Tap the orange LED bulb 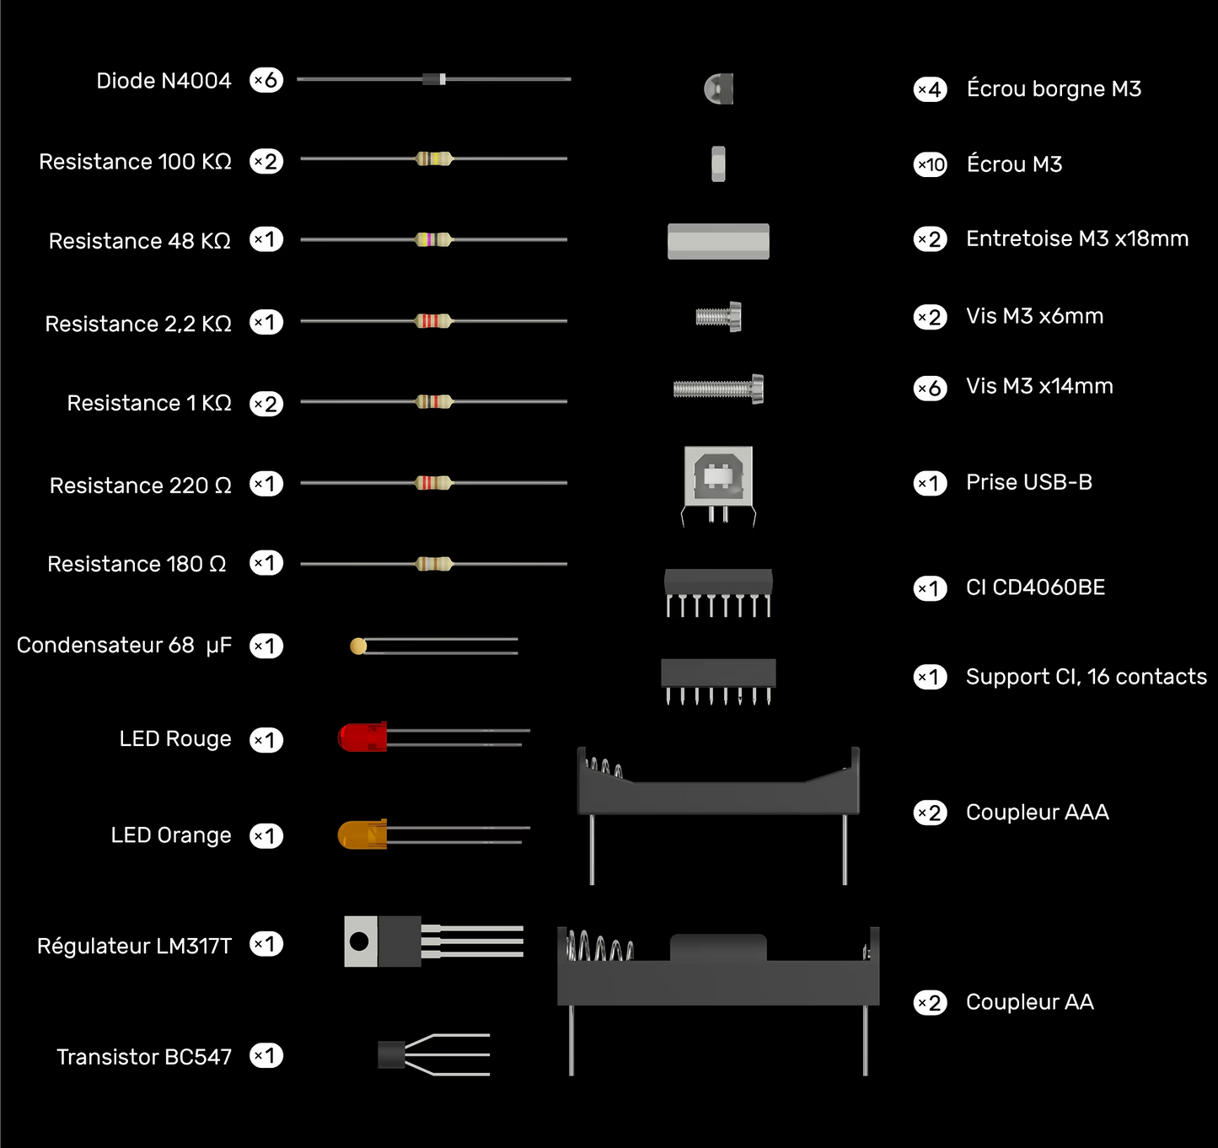pos(362,834)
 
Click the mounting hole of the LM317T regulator pos(359,941)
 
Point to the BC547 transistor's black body pos(391,1054)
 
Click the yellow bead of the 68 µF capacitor pos(358,646)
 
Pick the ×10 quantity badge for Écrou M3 pos(930,164)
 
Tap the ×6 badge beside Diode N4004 pos(266,80)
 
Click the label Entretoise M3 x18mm pos(1077,239)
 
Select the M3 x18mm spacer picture pos(718,241)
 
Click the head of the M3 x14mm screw pos(758,389)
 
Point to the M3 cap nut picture pos(718,89)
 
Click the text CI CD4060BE pos(1035,587)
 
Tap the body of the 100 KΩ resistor pos(433,159)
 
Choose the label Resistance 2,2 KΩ pos(138,324)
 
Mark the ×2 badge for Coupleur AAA pos(930,813)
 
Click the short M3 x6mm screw pos(718,317)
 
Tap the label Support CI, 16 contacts pos(1087,677)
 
